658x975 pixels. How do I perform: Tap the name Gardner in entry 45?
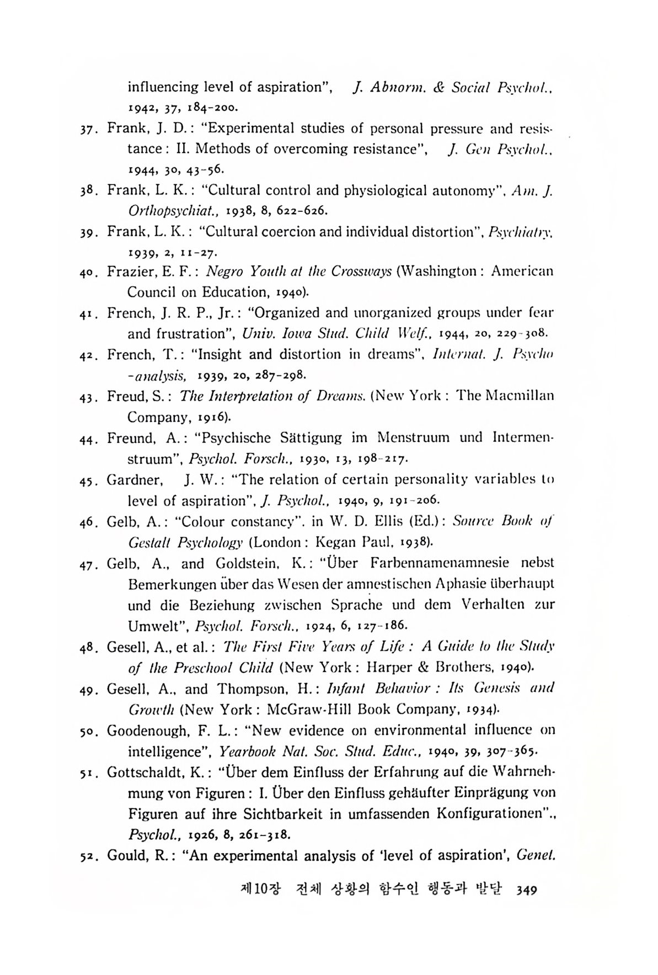pos(135,479)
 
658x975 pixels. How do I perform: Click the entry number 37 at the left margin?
pos(87,129)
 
